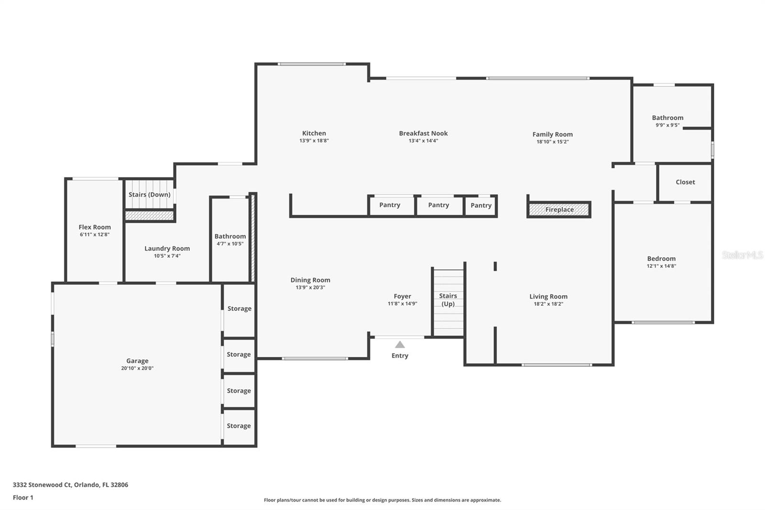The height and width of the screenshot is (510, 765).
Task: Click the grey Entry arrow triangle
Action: tap(400, 344)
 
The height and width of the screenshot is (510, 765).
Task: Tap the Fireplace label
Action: tap(559, 210)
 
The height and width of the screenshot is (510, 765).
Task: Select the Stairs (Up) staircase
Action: tap(448, 303)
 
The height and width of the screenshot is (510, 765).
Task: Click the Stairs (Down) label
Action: tap(149, 195)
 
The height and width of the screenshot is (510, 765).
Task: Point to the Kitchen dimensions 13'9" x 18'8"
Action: tap(314, 141)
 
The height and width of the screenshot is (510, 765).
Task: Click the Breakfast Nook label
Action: tap(424, 133)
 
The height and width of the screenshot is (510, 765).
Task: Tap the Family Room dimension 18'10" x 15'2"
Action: tap(553, 142)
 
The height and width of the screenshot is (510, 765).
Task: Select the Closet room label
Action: tap(686, 182)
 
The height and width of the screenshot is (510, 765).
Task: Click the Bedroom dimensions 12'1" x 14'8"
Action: tap(662, 266)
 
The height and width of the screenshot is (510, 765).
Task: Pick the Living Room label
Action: tap(548, 297)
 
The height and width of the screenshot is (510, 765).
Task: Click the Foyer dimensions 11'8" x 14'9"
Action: tap(402, 303)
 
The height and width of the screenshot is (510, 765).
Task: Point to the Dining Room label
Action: tap(310, 280)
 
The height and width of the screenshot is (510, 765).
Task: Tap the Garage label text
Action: tap(137, 361)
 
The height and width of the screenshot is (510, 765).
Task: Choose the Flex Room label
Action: tap(95, 227)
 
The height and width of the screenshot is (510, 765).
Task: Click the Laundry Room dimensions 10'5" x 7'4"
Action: tap(167, 255)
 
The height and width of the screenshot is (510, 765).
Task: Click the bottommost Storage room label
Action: tap(239, 426)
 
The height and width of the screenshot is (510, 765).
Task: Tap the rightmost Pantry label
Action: tap(481, 205)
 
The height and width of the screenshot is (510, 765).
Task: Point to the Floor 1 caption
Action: tap(23, 498)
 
